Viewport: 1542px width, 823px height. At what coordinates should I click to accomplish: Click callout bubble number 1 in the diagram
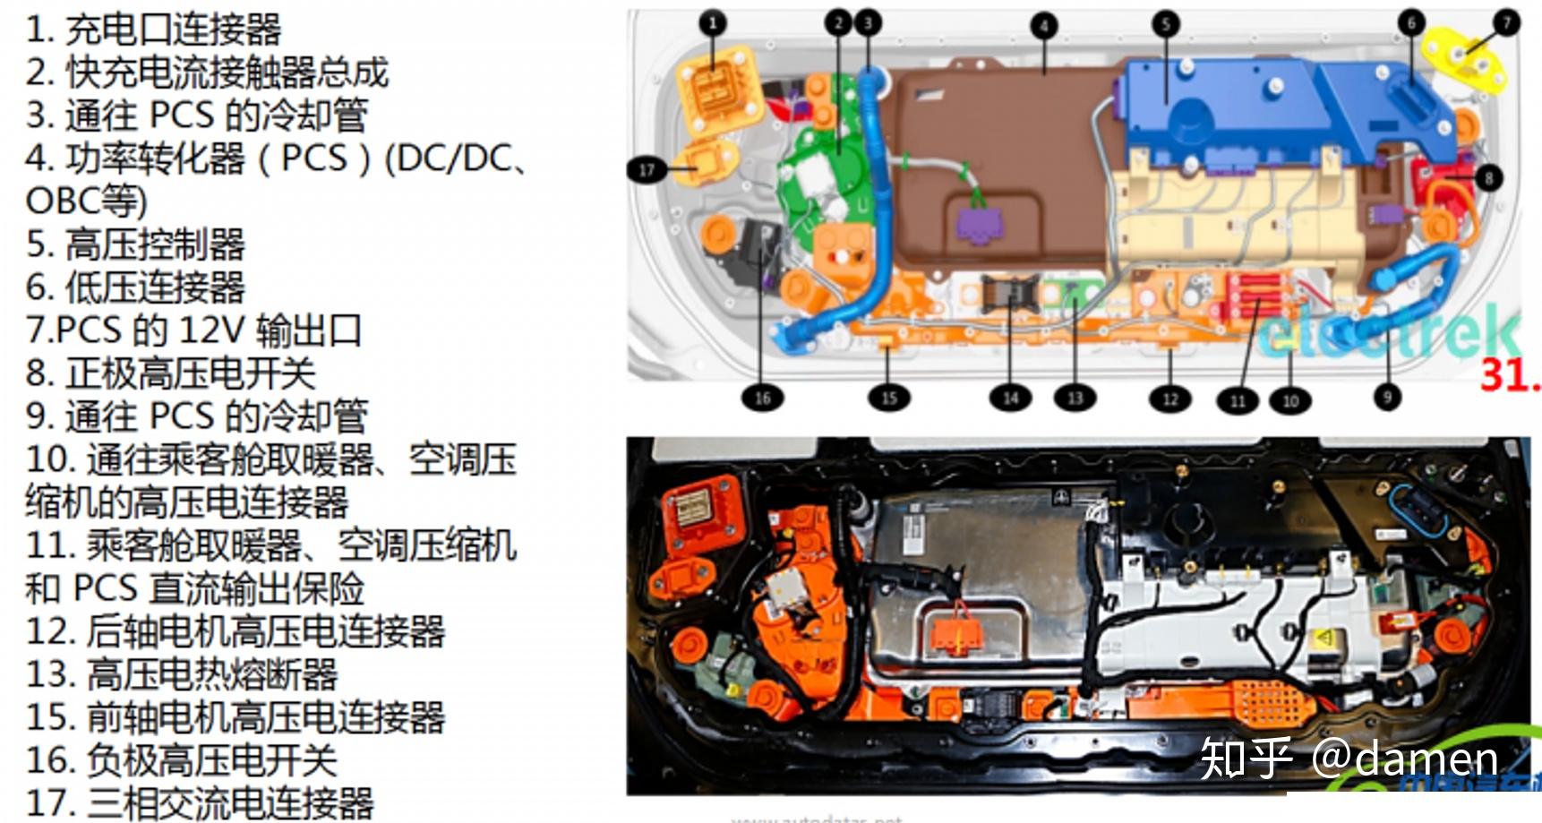(x=713, y=23)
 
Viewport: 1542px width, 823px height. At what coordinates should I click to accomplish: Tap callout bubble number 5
(x=1166, y=24)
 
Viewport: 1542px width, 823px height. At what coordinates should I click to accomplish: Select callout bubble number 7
(x=1506, y=21)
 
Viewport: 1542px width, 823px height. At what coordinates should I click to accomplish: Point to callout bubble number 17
(x=647, y=169)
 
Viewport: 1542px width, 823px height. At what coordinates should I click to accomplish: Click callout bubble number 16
(x=762, y=398)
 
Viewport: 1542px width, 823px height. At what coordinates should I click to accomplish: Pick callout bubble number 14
(x=1010, y=398)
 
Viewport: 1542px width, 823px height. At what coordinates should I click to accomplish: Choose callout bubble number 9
(x=1387, y=397)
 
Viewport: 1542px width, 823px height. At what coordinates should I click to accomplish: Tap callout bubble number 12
(x=1170, y=399)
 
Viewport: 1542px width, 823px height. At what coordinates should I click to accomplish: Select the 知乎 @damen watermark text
(x=1349, y=759)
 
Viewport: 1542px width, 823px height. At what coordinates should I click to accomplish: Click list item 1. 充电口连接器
(x=153, y=30)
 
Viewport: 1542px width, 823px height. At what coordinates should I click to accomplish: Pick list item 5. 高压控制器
(x=135, y=244)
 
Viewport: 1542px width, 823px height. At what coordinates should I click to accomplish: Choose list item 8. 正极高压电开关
(x=171, y=373)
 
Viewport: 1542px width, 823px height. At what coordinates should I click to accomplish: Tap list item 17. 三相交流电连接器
(x=199, y=802)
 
